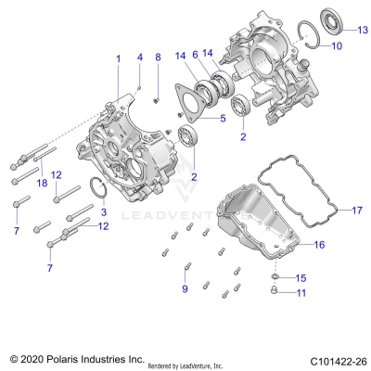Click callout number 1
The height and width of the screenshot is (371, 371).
[x=118, y=58]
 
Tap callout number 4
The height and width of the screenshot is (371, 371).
[x=139, y=58]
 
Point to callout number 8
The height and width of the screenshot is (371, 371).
[x=158, y=58]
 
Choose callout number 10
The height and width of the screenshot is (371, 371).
[x=337, y=45]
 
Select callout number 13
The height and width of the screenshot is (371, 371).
[x=363, y=30]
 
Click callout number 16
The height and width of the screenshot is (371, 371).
[x=319, y=246]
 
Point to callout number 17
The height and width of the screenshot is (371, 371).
[x=357, y=211]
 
